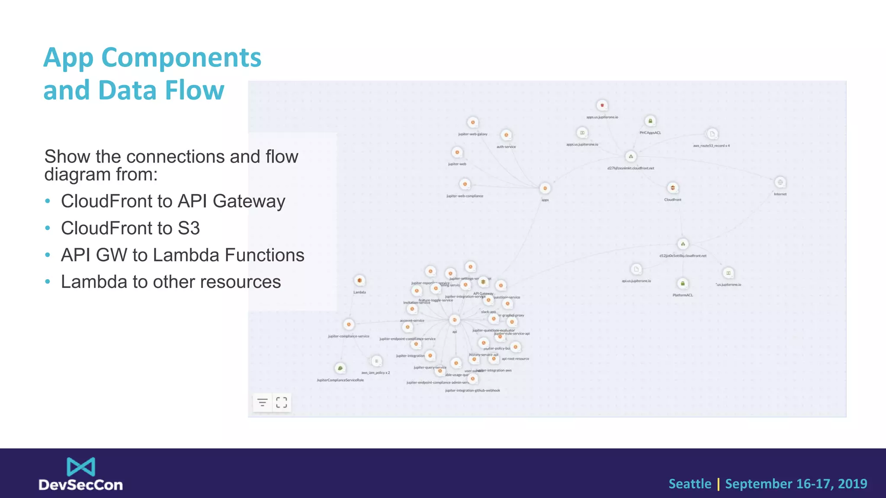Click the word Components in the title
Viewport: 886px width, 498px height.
181,58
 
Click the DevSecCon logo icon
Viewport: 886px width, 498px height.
81,467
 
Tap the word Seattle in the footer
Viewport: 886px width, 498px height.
690,484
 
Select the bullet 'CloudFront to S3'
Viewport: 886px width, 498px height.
130,228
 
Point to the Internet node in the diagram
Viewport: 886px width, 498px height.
780,182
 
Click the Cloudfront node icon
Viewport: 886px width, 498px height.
672,188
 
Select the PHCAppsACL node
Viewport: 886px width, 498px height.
650,121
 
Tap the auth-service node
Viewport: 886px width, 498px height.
506,135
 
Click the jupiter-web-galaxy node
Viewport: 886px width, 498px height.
473,123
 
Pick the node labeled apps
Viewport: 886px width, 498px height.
545,188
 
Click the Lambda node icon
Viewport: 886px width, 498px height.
360,281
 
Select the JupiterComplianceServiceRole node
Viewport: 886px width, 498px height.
340,368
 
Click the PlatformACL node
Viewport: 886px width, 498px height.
683,284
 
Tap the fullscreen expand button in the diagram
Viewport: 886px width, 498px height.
282,402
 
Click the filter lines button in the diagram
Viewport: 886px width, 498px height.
262,402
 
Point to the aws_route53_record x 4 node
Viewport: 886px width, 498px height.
712,134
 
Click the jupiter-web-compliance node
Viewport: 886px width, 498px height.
465,185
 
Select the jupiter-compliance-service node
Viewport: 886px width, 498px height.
349,325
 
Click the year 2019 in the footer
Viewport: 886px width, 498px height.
852,484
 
